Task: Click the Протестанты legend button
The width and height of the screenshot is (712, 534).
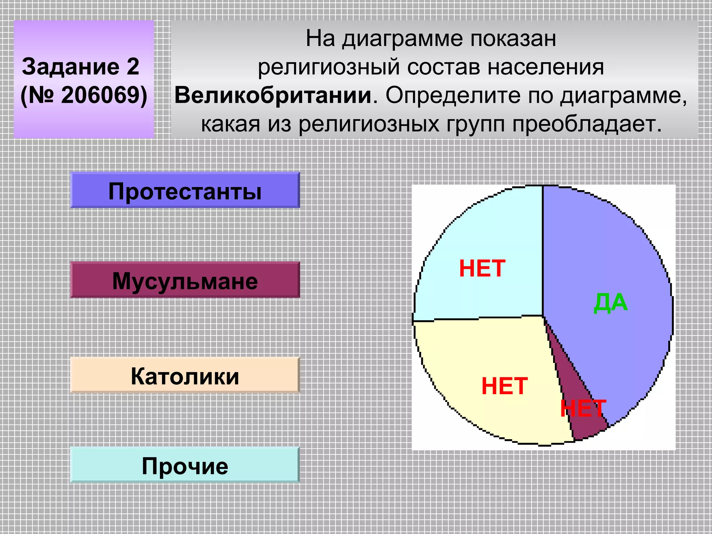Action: (185, 190)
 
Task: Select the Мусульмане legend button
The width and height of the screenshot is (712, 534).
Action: (185, 280)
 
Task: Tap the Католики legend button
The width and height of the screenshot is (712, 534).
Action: (185, 375)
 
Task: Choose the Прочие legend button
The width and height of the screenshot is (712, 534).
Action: (185, 465)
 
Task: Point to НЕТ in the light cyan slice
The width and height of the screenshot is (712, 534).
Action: (482, 268)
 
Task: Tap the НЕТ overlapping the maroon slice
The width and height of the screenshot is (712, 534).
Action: (583, 408)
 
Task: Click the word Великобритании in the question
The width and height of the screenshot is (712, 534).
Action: (273, 95)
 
